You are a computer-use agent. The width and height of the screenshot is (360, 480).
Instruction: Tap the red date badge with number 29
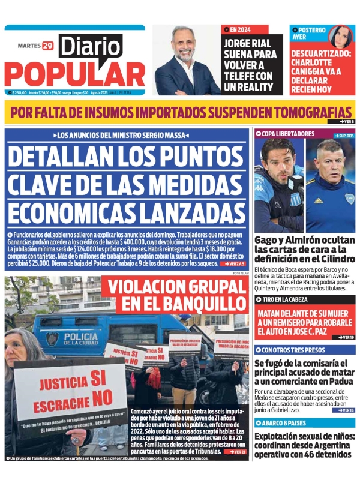47,46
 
